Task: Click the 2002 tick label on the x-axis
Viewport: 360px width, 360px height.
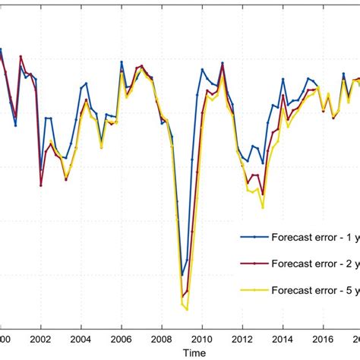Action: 40,341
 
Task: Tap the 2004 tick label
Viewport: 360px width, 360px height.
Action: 81,341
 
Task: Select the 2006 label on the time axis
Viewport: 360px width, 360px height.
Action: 122,341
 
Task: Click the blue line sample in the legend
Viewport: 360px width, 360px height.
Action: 254,236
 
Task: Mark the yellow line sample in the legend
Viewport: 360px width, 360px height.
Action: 254,289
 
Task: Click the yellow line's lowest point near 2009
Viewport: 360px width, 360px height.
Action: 187,309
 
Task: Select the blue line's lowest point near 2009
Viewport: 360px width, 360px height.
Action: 182,275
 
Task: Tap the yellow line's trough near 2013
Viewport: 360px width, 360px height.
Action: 263,207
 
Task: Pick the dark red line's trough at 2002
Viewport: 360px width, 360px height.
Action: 41,185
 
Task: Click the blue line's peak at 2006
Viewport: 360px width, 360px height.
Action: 122,62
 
